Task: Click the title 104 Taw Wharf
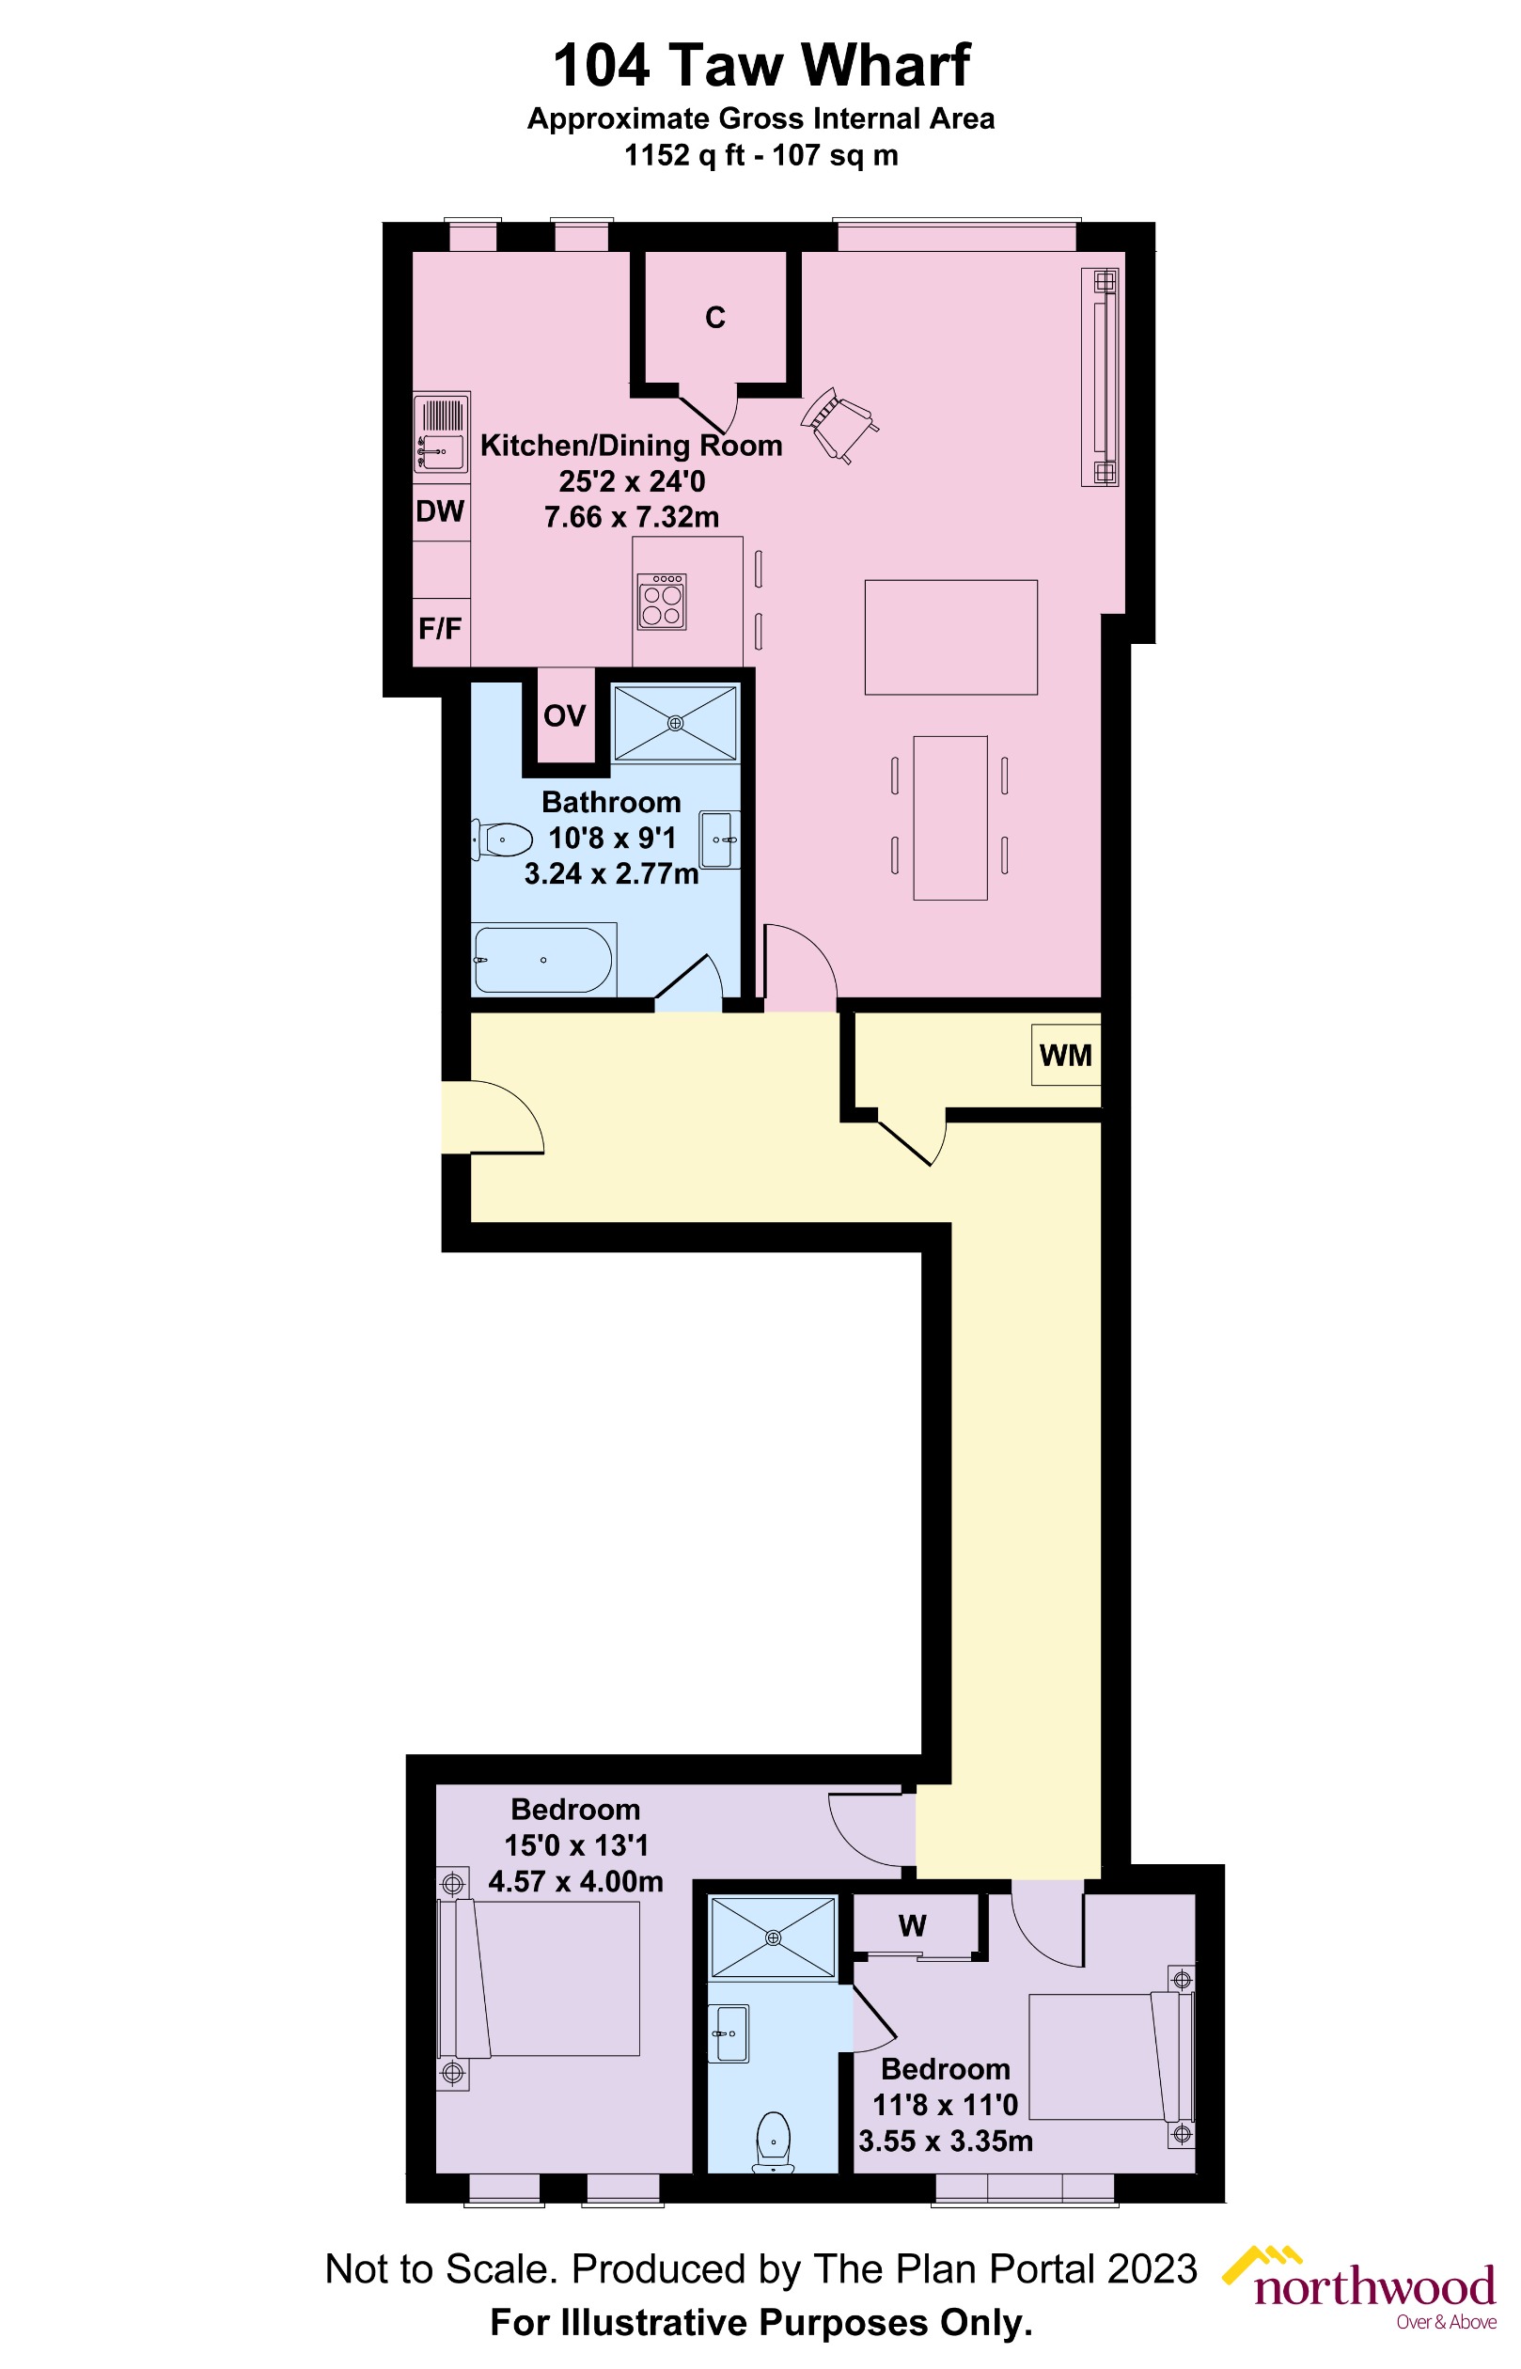[760, 65]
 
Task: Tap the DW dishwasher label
[440, 511]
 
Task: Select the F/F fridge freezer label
[440, 628]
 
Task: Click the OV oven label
[564, 715]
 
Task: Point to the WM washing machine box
[1066, 1055]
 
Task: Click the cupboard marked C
[715, 317]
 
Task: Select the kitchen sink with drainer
[441, 433]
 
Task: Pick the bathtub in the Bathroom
[543, 959]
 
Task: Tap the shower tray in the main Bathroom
[676, 723]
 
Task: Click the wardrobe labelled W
[913, 1925]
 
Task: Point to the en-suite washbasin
[730, 2034]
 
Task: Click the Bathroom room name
[611, 802]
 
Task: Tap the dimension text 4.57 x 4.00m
[576, 1882]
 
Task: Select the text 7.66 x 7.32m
[631, 516]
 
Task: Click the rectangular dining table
[950, 817]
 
